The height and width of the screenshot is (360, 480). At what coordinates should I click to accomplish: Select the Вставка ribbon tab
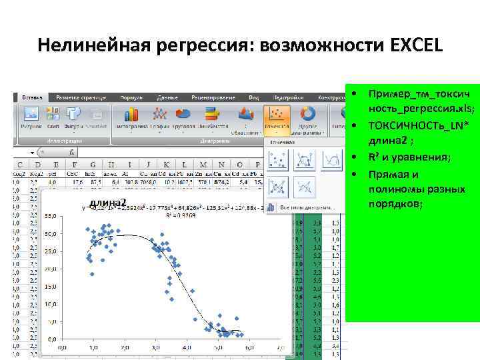pos(33,97)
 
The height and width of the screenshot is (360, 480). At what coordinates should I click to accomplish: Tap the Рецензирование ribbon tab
pos(215,97)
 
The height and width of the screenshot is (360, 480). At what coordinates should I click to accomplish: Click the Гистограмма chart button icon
pos(132,114)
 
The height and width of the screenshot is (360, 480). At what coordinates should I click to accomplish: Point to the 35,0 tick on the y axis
pos(49,217)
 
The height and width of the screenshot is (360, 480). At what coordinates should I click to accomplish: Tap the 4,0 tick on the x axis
pos(188,349)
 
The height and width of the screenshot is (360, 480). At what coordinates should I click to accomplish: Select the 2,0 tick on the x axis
pos(125,349)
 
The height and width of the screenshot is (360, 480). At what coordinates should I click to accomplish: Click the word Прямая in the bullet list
pos(386,175)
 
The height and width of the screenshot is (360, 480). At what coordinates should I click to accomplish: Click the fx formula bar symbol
pos(72,153)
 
